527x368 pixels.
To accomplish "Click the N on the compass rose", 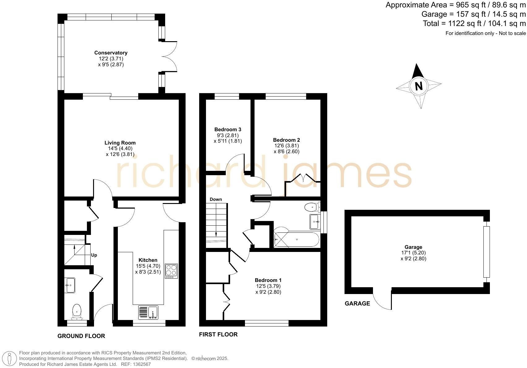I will coord(419,86).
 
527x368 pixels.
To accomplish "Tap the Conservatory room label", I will coord(111,53).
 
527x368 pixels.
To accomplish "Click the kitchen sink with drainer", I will coord(148,312).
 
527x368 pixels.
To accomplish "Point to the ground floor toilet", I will coord(77,311).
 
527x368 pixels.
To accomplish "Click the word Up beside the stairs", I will coord(94,255).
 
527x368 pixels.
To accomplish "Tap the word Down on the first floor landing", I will coord(216,199).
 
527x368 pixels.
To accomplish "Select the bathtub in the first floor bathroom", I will coord(296,240).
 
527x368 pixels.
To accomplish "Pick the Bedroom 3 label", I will coord(228,129).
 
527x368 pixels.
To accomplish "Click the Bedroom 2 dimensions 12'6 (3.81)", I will coord(286,145).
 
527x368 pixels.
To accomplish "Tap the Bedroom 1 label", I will coord(268,280).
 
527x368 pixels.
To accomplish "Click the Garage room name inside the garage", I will coord(413,247).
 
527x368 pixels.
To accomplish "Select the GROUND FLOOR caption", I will coord(81,336).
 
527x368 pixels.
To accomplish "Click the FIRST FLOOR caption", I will coord(218,334).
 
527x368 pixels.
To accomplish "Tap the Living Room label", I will coord(120,143).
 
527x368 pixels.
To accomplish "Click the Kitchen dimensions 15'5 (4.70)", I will coord(148,266).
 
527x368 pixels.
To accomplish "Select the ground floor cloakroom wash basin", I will coord(70,285).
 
